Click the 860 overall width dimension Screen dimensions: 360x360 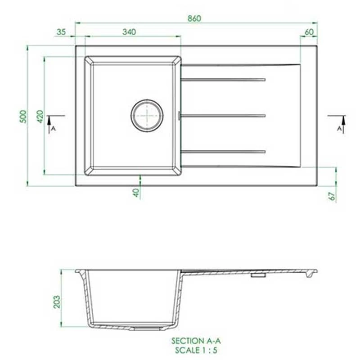point(194,18)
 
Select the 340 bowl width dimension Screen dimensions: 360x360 point(129,31)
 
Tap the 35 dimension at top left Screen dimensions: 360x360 point(62,31)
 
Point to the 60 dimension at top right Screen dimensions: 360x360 point(309,31)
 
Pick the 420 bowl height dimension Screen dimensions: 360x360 point(40,116)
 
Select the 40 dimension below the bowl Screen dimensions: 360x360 point(136,193)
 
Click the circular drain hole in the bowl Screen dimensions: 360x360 point(147,116)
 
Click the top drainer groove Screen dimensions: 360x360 point(223,80)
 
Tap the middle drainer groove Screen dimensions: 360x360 point(223,116)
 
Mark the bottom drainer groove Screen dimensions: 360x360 point(223,151)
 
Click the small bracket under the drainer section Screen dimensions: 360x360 point(257,275)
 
